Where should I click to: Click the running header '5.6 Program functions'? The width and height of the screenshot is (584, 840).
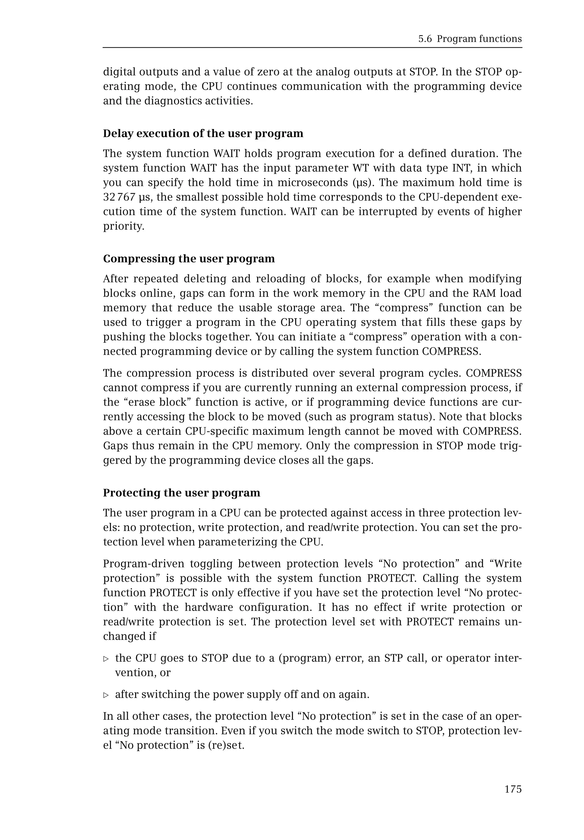470,39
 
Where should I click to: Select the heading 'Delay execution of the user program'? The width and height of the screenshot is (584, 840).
203,133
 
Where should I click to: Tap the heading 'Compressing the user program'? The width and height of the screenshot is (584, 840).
189,259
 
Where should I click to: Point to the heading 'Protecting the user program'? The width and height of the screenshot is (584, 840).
181,493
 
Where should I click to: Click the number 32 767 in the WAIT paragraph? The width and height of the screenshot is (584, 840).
119,197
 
